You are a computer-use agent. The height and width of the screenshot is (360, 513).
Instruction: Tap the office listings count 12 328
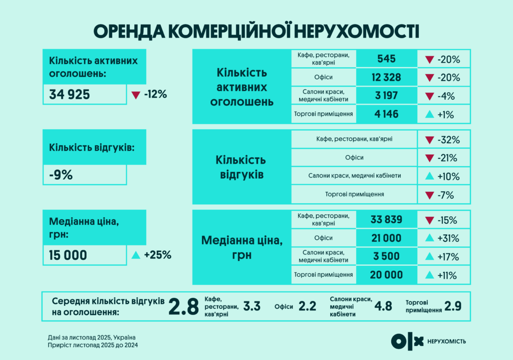[x=386, y=78]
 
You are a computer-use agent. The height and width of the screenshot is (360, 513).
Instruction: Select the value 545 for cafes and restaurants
[x=386, y=59]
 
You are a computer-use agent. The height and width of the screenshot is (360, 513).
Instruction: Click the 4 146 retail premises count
[x=386, y=114]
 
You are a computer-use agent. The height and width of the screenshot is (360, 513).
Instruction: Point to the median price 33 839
[x=386, y=219]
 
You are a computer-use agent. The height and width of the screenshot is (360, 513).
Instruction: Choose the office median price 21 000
[x=386, y=238]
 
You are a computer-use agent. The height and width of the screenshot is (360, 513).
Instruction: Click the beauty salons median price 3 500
[x=386, y=256]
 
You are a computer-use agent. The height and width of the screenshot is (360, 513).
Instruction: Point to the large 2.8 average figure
[x=183, y=306]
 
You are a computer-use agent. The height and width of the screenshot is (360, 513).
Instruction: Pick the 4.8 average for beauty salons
[x=383, y=306]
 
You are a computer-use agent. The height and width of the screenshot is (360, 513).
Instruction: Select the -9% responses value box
[x=85, y=175]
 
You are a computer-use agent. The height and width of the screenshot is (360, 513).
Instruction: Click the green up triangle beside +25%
[x=135, y=255]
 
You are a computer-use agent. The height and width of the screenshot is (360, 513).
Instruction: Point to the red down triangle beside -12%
[x=136, y=95]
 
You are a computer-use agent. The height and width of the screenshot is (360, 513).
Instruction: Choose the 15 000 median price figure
[x=68, y=255]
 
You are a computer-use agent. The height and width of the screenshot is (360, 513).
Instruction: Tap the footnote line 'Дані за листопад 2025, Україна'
[x=92, y=337]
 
